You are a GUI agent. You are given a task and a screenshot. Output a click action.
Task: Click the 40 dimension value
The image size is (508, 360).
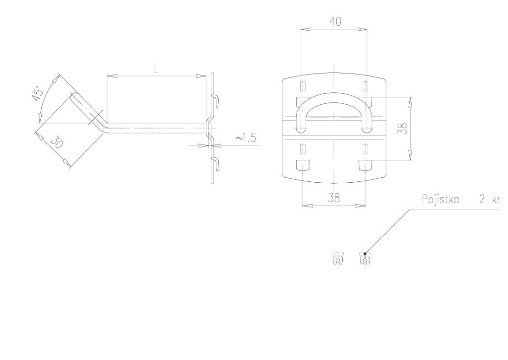[x=335, y=22]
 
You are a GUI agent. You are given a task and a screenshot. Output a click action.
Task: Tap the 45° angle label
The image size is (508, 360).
[x=37, y=93]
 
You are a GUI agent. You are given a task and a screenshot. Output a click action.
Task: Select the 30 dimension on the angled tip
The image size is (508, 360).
[x=57, y=143]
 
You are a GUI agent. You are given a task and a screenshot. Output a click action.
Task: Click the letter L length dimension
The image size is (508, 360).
[x=156, y=69]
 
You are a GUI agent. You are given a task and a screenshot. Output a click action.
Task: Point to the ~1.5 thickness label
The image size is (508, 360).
[x=246, y=139]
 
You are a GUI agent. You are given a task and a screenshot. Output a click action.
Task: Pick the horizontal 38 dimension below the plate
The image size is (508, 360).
[x=334, y=198]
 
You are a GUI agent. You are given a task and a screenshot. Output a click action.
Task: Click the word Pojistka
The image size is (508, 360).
[x=441, y=199]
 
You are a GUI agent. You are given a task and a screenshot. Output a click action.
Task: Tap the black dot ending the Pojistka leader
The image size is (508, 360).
[x=365, y=254]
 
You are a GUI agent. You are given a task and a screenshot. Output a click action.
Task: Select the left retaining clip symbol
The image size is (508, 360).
[x=337, y=258]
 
